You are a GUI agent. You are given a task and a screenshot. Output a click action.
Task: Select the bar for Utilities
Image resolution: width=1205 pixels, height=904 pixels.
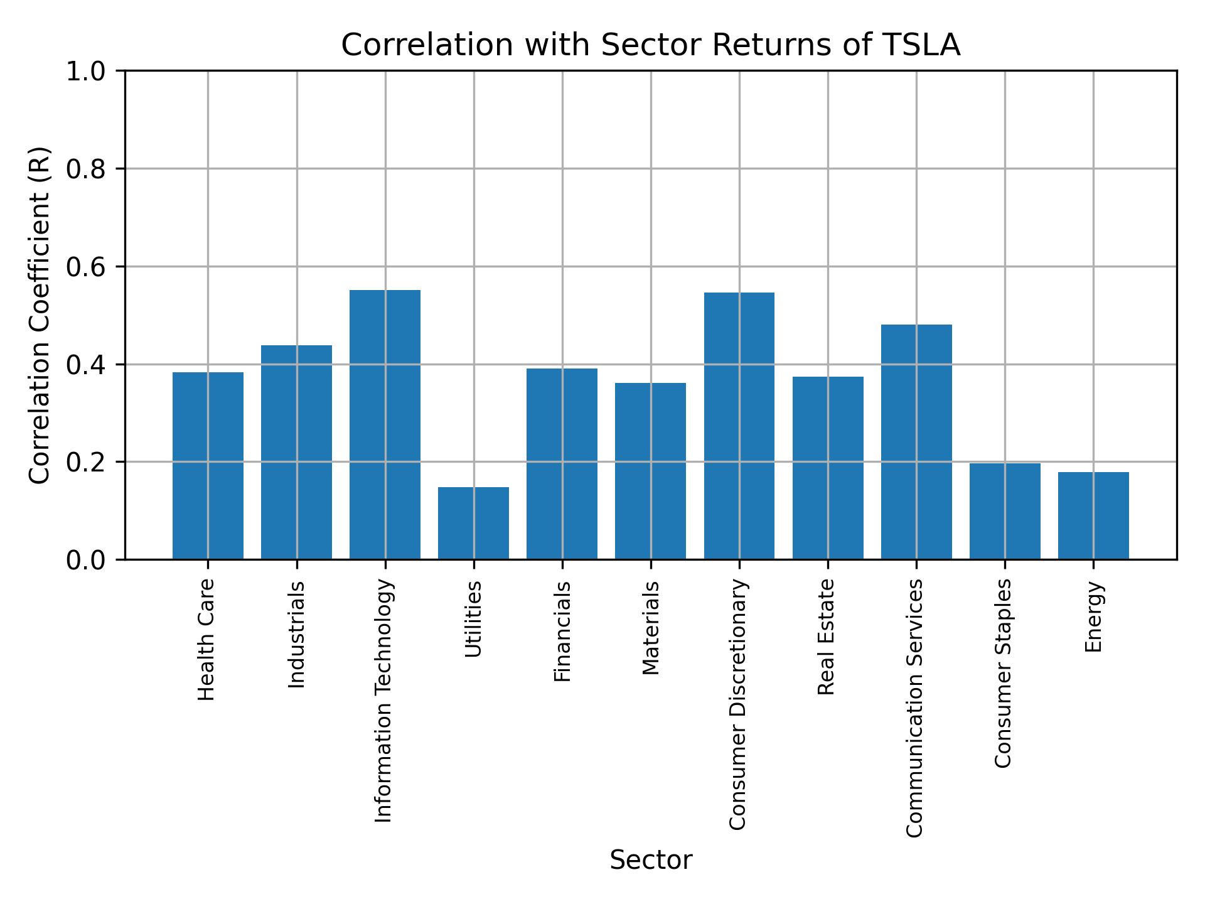coord(473,523)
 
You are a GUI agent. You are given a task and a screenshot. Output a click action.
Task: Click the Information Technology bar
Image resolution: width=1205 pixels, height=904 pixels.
coord(385,424)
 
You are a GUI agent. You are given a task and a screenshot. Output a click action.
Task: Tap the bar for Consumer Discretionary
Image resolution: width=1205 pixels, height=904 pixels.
coord(739,426)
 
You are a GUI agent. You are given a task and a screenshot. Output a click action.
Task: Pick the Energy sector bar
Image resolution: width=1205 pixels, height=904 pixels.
coord(1093,515)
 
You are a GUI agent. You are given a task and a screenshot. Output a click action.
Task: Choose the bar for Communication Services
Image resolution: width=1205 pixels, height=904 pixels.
coord(916,441)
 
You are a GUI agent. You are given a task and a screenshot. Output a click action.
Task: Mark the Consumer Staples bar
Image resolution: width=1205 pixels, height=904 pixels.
coord(1005,511)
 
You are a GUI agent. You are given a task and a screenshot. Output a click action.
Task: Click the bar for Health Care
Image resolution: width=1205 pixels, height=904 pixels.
coord(208,465)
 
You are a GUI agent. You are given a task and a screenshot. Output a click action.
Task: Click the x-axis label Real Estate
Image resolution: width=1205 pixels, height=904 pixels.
coord(827,637)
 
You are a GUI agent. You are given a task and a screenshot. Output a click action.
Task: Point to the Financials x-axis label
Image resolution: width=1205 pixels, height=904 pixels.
coord(562,632)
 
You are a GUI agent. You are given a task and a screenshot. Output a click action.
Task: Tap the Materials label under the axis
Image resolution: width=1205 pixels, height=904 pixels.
coord(651,628)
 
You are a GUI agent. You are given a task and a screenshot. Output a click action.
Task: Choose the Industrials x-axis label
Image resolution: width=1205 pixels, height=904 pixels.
coord(296,635)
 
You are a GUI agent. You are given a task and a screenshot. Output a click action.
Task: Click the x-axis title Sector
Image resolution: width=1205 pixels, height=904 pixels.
coord(651,860)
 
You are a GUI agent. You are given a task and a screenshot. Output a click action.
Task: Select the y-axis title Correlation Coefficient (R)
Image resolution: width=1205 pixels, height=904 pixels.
coord(40,315)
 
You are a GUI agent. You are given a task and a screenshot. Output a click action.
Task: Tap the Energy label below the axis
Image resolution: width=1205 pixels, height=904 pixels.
coord(1093,616)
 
